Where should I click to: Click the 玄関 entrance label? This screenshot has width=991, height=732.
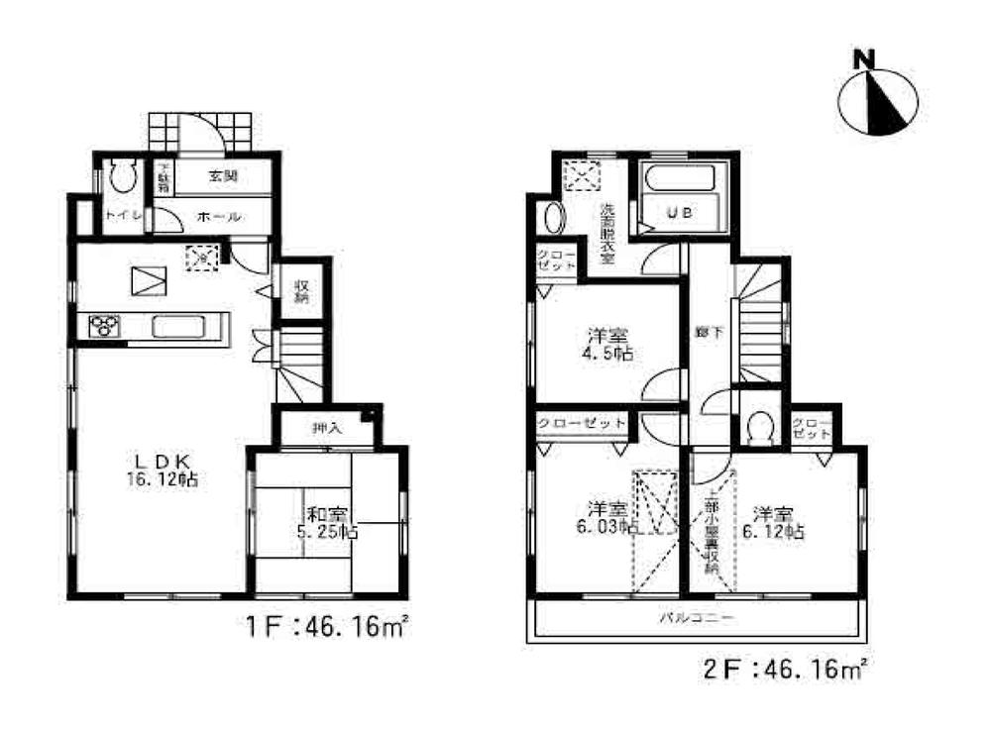(x=222, y=176)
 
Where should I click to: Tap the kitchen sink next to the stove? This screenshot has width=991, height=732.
(x=178, y=326)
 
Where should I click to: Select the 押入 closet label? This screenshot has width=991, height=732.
(x=326, y=429)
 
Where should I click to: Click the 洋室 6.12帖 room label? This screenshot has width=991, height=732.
(x=775, y=521)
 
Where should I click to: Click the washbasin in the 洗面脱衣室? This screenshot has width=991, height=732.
(x=551, y=218)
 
